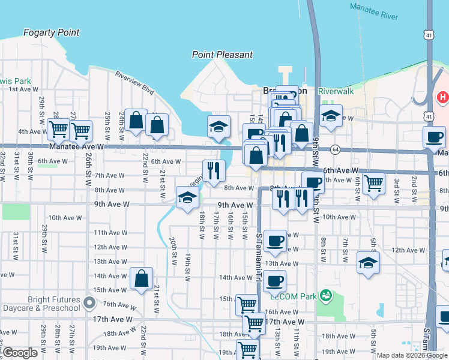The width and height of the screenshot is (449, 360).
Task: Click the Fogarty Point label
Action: point(51,32)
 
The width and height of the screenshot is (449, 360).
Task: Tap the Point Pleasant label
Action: point(222,55)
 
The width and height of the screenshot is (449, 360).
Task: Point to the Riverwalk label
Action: point(336,91)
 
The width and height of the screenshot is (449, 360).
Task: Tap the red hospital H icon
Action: point(442,97)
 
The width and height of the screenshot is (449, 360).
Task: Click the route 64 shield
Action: point(334,149)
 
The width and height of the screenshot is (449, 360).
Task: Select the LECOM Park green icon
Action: point(325,295)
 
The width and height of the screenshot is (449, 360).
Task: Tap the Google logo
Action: point(20,353)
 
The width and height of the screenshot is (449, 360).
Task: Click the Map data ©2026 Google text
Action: point(411,355)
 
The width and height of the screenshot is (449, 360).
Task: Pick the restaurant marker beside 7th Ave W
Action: point(213,170)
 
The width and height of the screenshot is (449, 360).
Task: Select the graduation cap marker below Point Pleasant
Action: point(218,125)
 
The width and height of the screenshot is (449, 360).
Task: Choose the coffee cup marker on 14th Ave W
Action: point(274,280)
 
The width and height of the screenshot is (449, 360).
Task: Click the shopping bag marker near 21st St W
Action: point(140,278)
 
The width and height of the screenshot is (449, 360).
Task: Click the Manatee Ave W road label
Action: point(76,146)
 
